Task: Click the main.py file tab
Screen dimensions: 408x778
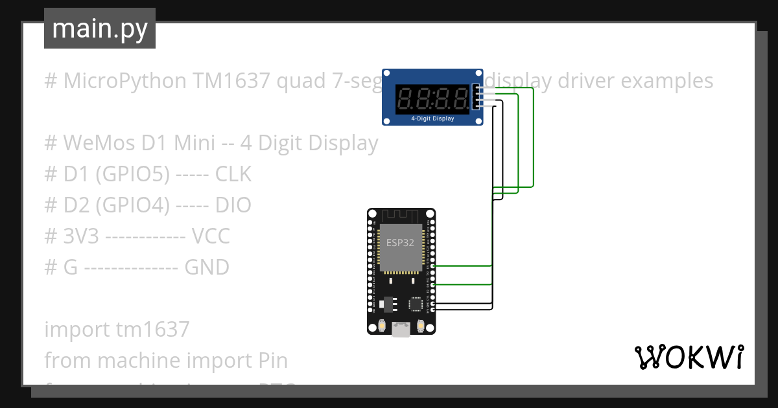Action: [x=99, y=28]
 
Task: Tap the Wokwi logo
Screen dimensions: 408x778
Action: [x=688, y=357]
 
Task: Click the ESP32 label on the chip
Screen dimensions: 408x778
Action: [x=401, y=243]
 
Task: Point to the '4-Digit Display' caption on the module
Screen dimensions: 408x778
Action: [x=432, y=119]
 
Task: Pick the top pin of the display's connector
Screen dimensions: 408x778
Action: [x=478, y=88]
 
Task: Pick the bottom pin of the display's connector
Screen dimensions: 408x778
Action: [x=478, y=107]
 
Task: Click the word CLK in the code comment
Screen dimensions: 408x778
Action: [x=233, y=174]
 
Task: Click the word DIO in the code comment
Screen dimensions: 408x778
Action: [x=233, y=205]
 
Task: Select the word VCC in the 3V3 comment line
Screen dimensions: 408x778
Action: [x=211, y=236]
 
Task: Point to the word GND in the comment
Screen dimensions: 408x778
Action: [x=207, y=267]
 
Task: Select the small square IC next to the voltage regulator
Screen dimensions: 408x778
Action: [x=415, y=304]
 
